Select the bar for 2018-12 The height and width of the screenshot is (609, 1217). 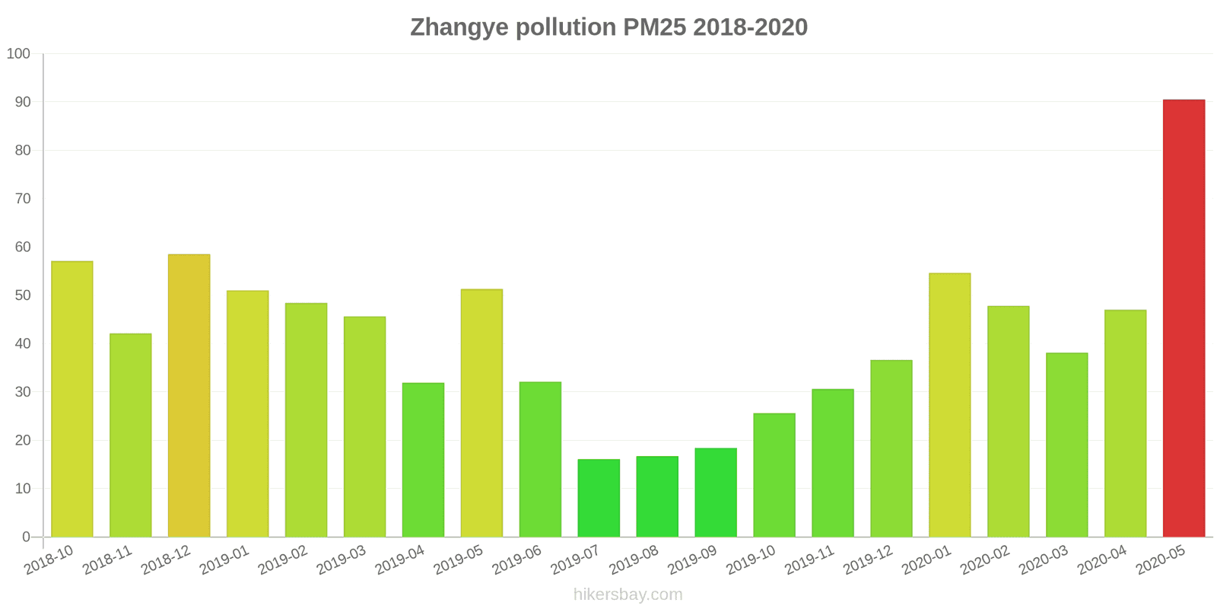189,396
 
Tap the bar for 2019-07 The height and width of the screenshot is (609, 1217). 599,498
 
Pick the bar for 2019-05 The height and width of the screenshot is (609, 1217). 481,413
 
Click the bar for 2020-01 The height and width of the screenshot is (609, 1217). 949,405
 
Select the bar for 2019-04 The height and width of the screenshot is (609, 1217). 423,460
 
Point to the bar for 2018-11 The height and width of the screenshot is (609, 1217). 130,435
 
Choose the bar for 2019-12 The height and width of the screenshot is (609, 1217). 891,448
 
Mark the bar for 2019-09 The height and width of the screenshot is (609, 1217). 716,493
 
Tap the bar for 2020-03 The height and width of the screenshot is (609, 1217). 1066,445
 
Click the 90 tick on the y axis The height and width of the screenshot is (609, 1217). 23,102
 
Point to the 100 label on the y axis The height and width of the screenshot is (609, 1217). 19,54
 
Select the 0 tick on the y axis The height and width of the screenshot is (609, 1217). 27,537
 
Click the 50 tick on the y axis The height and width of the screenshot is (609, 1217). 23,295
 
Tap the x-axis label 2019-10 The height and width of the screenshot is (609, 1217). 750,560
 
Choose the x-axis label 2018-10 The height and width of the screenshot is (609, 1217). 49,560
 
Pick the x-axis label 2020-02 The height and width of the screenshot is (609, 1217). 984,560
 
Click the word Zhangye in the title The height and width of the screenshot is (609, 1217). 459,27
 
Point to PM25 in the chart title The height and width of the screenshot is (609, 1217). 654,27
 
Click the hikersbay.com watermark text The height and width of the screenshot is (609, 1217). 628,595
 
